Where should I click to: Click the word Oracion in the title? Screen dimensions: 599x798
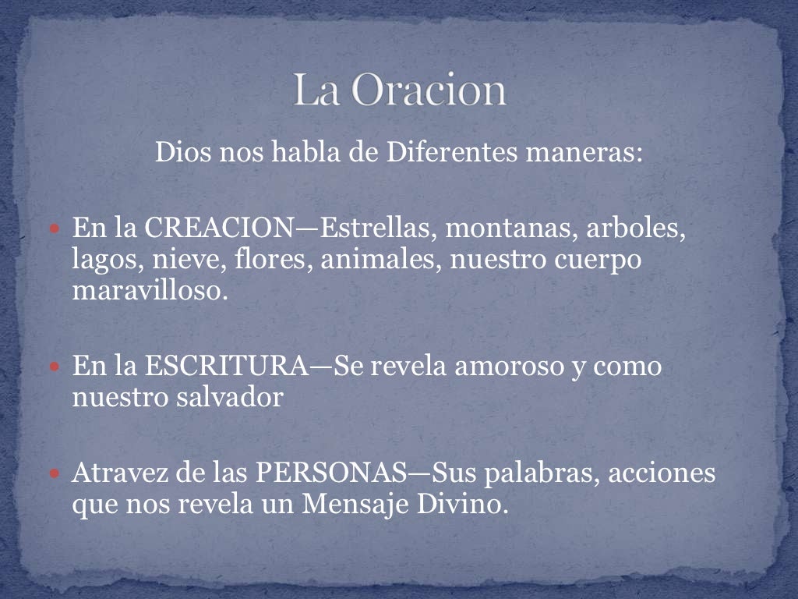[x=429, y=91]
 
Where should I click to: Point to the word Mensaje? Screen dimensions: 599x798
[x=351, y=504]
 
